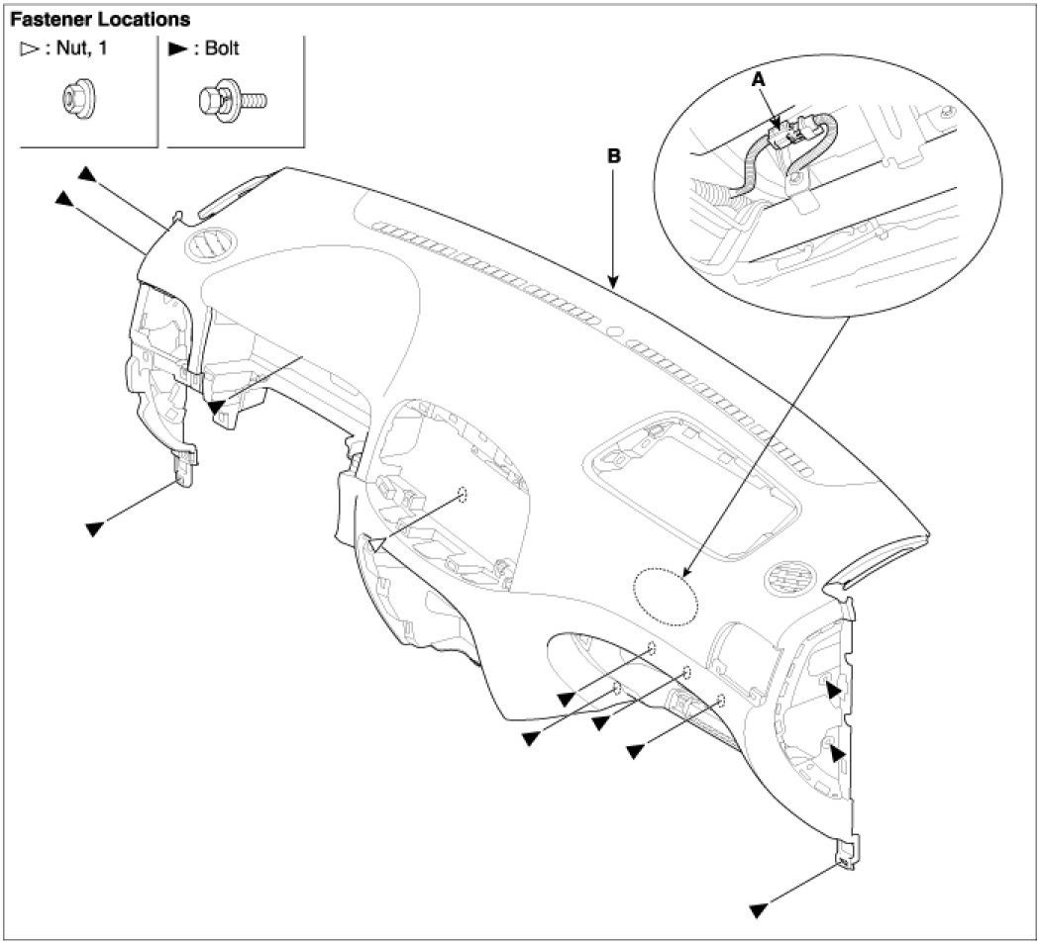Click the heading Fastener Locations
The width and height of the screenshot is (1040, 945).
100,19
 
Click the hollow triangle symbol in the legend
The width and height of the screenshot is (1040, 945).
26,49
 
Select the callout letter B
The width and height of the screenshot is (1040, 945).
614,156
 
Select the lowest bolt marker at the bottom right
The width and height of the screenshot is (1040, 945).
760,906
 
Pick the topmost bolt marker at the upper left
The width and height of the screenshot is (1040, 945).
88,174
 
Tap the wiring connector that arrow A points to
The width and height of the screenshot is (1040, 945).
783,135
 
